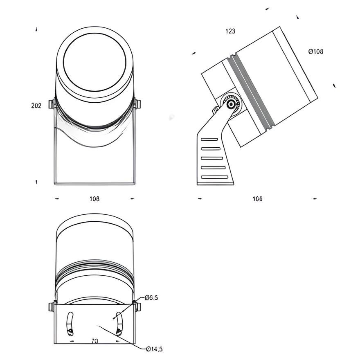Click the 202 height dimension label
point(36,106)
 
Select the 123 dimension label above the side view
point(230,31)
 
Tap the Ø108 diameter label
point(315,52)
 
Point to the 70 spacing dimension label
point(94,341)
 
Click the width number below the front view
point(94,199)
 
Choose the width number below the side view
point(257,199)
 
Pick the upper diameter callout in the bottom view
point(151,298)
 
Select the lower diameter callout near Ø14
point(154,349)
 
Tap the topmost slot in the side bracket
point(209,139)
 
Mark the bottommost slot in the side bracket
point(214,177)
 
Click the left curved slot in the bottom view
point(70,323)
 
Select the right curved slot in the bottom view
point(119,323)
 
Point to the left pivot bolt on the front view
point(52,104)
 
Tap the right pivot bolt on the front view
point(137,104)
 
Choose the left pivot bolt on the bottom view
point(52,306)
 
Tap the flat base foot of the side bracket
point(216,183)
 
